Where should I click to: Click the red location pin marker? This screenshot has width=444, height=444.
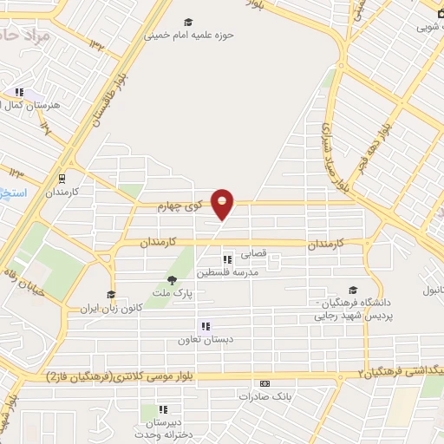tap(223, 204)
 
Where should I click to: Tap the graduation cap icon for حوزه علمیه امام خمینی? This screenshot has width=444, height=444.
tap(189, 23)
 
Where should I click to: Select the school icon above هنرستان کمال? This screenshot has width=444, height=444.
tap(18, 92)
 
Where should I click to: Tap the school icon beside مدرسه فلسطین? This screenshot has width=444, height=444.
tap(227, 259)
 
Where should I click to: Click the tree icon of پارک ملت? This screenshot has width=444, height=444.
tap(172, 279)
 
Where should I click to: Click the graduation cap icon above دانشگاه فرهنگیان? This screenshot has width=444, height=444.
tap(352, 291)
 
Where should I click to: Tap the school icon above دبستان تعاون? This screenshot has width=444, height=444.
tap(206, 327)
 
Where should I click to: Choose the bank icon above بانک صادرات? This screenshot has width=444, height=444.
tap(264, 383)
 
